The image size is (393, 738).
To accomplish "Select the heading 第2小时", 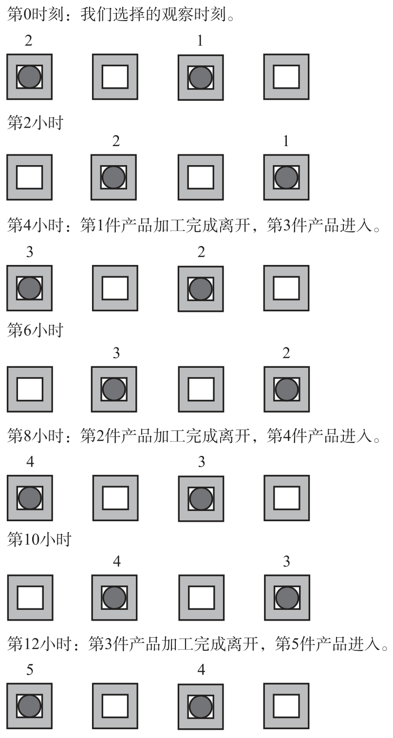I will click(x=35, y=123).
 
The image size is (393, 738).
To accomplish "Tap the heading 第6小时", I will click(x=35, y=331).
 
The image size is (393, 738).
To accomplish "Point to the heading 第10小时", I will click(x=39, y=539).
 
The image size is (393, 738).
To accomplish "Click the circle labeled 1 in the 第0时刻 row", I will click(x=200, y=77).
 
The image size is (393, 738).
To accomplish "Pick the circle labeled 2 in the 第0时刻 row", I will click(x=29, y=77).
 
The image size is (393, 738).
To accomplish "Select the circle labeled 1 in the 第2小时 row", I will click(x=286, y=177).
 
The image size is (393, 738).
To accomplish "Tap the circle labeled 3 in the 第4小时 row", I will click(x=29, y=288).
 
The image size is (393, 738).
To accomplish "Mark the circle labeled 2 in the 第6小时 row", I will click(x=286, y=389).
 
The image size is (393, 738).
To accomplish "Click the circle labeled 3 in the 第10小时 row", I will click(x=286, y=597).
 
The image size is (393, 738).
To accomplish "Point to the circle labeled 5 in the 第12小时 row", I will click(x=29, y=706).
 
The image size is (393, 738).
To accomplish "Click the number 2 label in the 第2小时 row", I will click(x=115, y=142).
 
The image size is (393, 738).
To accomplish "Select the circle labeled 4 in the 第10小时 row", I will click(x=114, y=597).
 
